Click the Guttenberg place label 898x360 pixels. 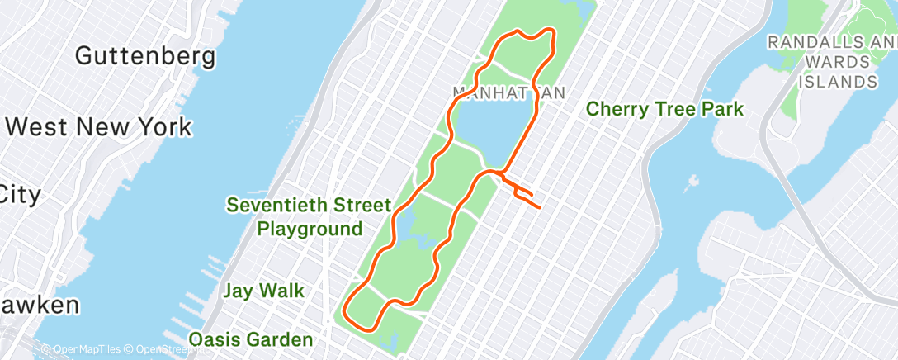tap(145, 56)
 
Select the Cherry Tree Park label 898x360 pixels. tap(665, 109)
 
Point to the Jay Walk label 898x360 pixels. tap(263, 291)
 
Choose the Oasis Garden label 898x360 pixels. tap(251, 339)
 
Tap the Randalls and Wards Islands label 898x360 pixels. tap(833, 61)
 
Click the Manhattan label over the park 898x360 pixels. tap(509, 92)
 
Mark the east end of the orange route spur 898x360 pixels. tap(540, 206)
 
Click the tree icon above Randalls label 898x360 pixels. tap(873, 17)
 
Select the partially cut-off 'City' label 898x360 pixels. tap(20, 195)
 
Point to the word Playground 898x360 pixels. tap(310, 229)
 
